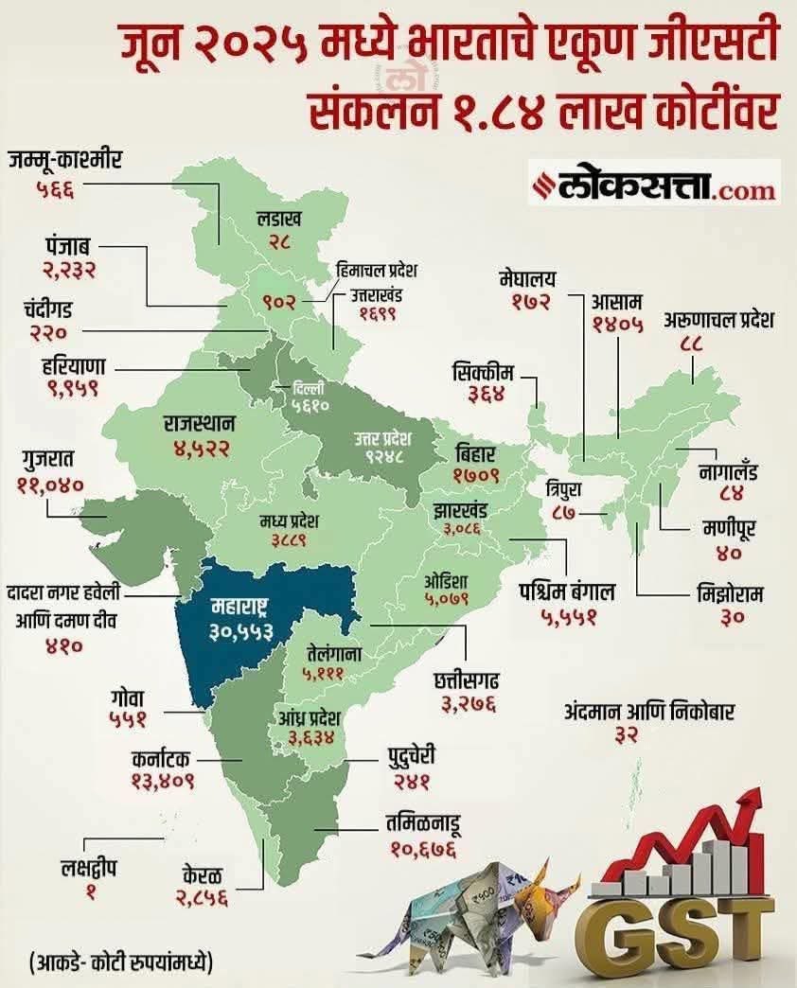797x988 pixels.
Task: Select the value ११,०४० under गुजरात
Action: (x=50, y=485)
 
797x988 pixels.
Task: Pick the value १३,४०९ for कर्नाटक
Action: (x=163, y=782)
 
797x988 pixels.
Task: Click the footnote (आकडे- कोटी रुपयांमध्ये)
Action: (x=120, y=962)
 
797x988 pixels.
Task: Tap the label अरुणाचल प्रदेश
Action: (x=719, y=320)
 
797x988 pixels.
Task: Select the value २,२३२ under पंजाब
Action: (x=69, y=270)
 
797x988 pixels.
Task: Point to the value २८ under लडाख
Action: (x=279, y=243)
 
